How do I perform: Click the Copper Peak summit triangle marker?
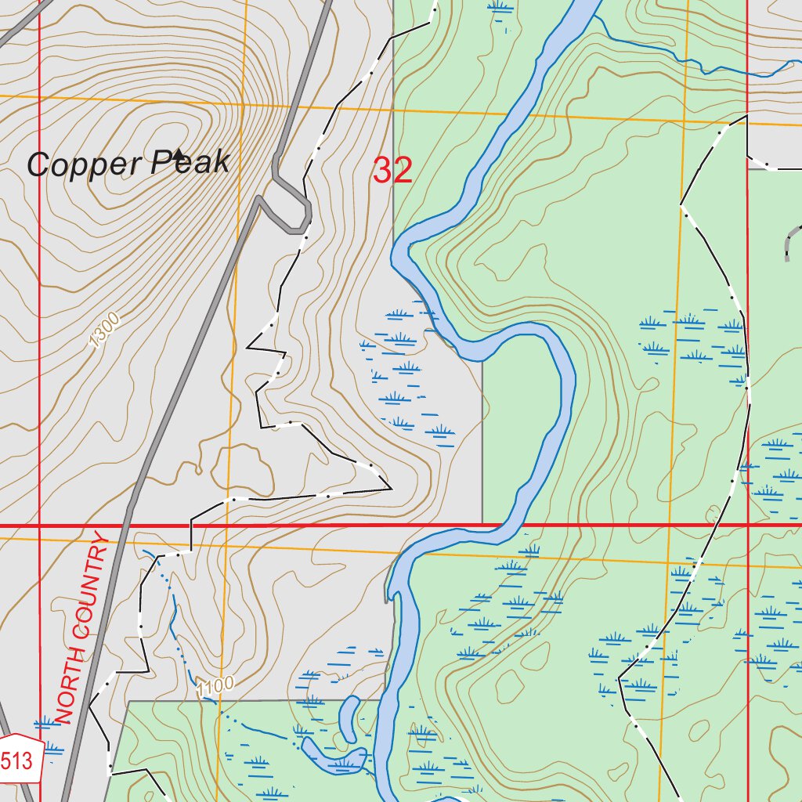pyautogui.click(x=178, y=154)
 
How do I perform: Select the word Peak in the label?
pyautogui.click(x=191, y=162)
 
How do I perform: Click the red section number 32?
pyautogui.click(x=392, y=171)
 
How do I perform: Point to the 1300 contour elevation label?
pyautogui.click(x=104, y=330)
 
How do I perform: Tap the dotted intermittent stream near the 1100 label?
pyautogui.click(x=176, y=619)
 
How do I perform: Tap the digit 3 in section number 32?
pyautogui.click(x=382, y=171)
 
